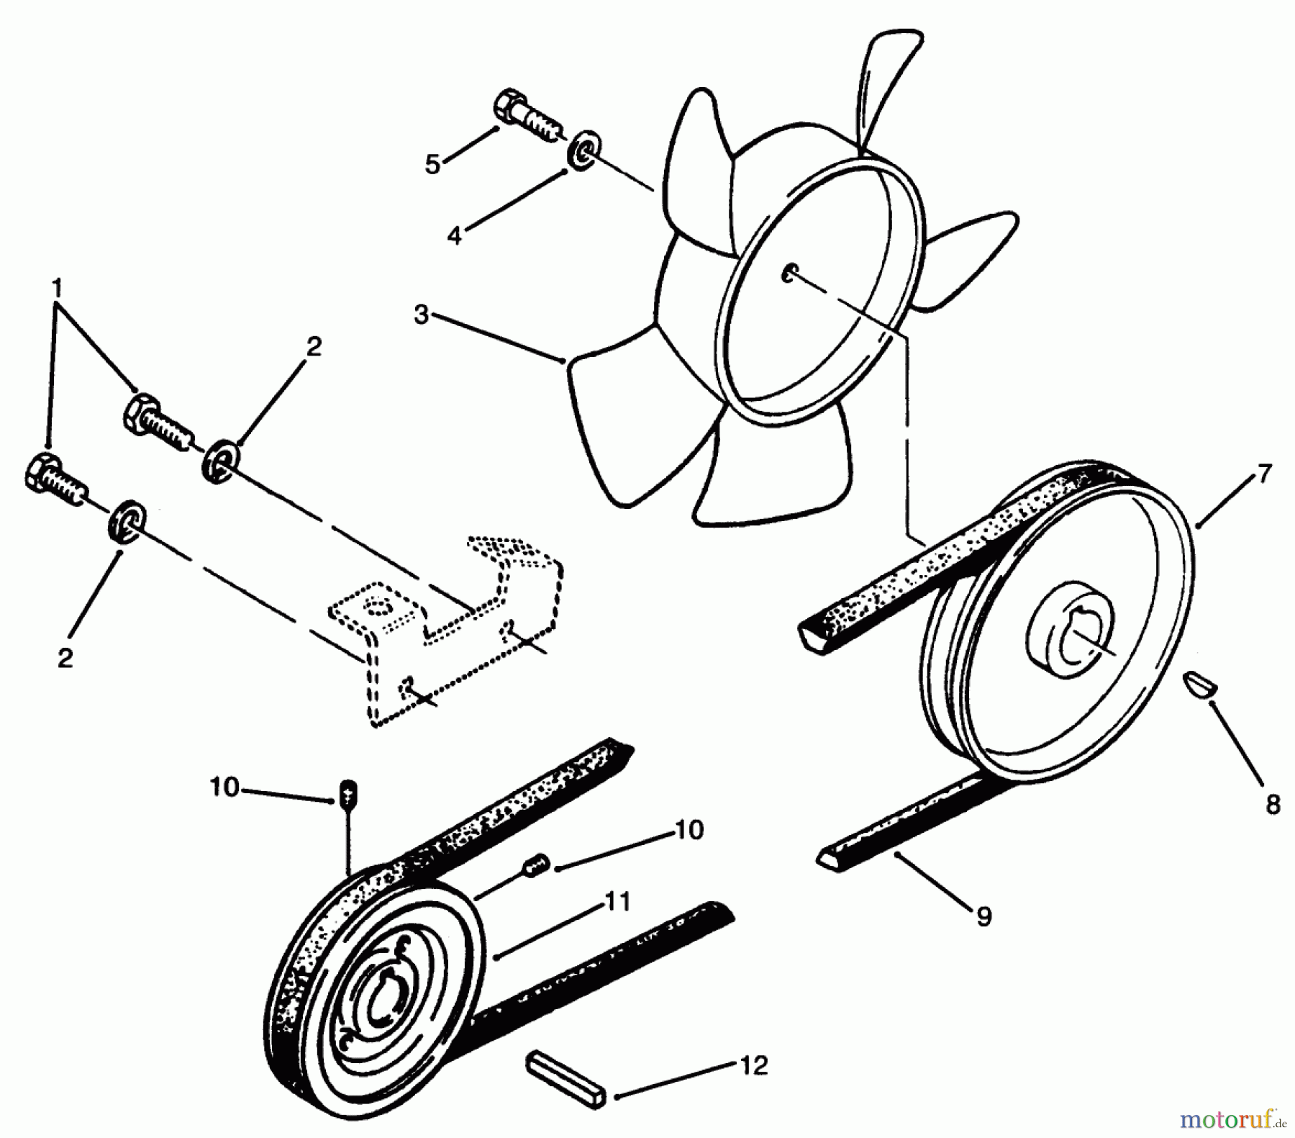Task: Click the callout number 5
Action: (432, 164)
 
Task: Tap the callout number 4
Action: (454, 235)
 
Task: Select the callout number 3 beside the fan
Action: (421, 315)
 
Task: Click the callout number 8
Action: (1273, 805)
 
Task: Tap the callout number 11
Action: (617, 902)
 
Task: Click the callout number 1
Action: (56, 289)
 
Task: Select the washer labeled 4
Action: (581, 158)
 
